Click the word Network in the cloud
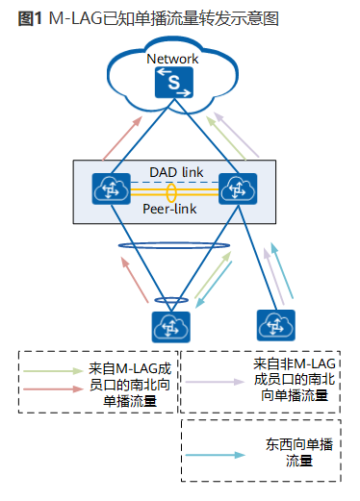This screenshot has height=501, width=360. (172, 60)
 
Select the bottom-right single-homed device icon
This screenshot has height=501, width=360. (276, 323)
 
